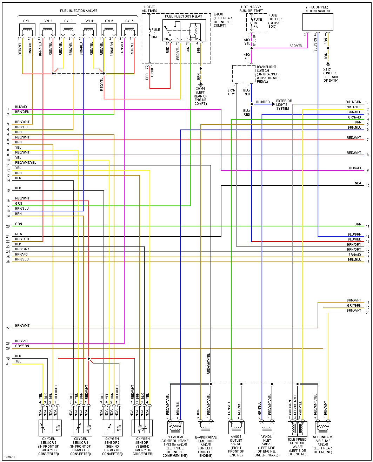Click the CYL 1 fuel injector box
(x=27, y=30)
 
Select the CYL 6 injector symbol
(x=129, y=30)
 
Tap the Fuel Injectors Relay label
(x=184, y=16)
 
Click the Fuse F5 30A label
(x=155, y=33)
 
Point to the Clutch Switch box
(x=318, y=22)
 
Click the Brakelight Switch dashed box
(x=244, y=74)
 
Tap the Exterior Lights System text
(x=284, y=105)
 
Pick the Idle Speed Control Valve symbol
(x=297, y=428)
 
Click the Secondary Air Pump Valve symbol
(x=322, y=427)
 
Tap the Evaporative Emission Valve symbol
(x=206, y=427)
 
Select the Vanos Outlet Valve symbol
(x=236, y=427)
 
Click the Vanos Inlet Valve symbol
(x=267, y=427)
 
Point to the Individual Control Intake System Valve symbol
(x=175, y=427)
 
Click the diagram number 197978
(x=9, y=457)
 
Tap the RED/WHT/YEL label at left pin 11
(x=26, y=163)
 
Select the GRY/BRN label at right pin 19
(x=354, y=306)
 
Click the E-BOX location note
(x=222, y=20)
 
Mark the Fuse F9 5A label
(x=258, y=23)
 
